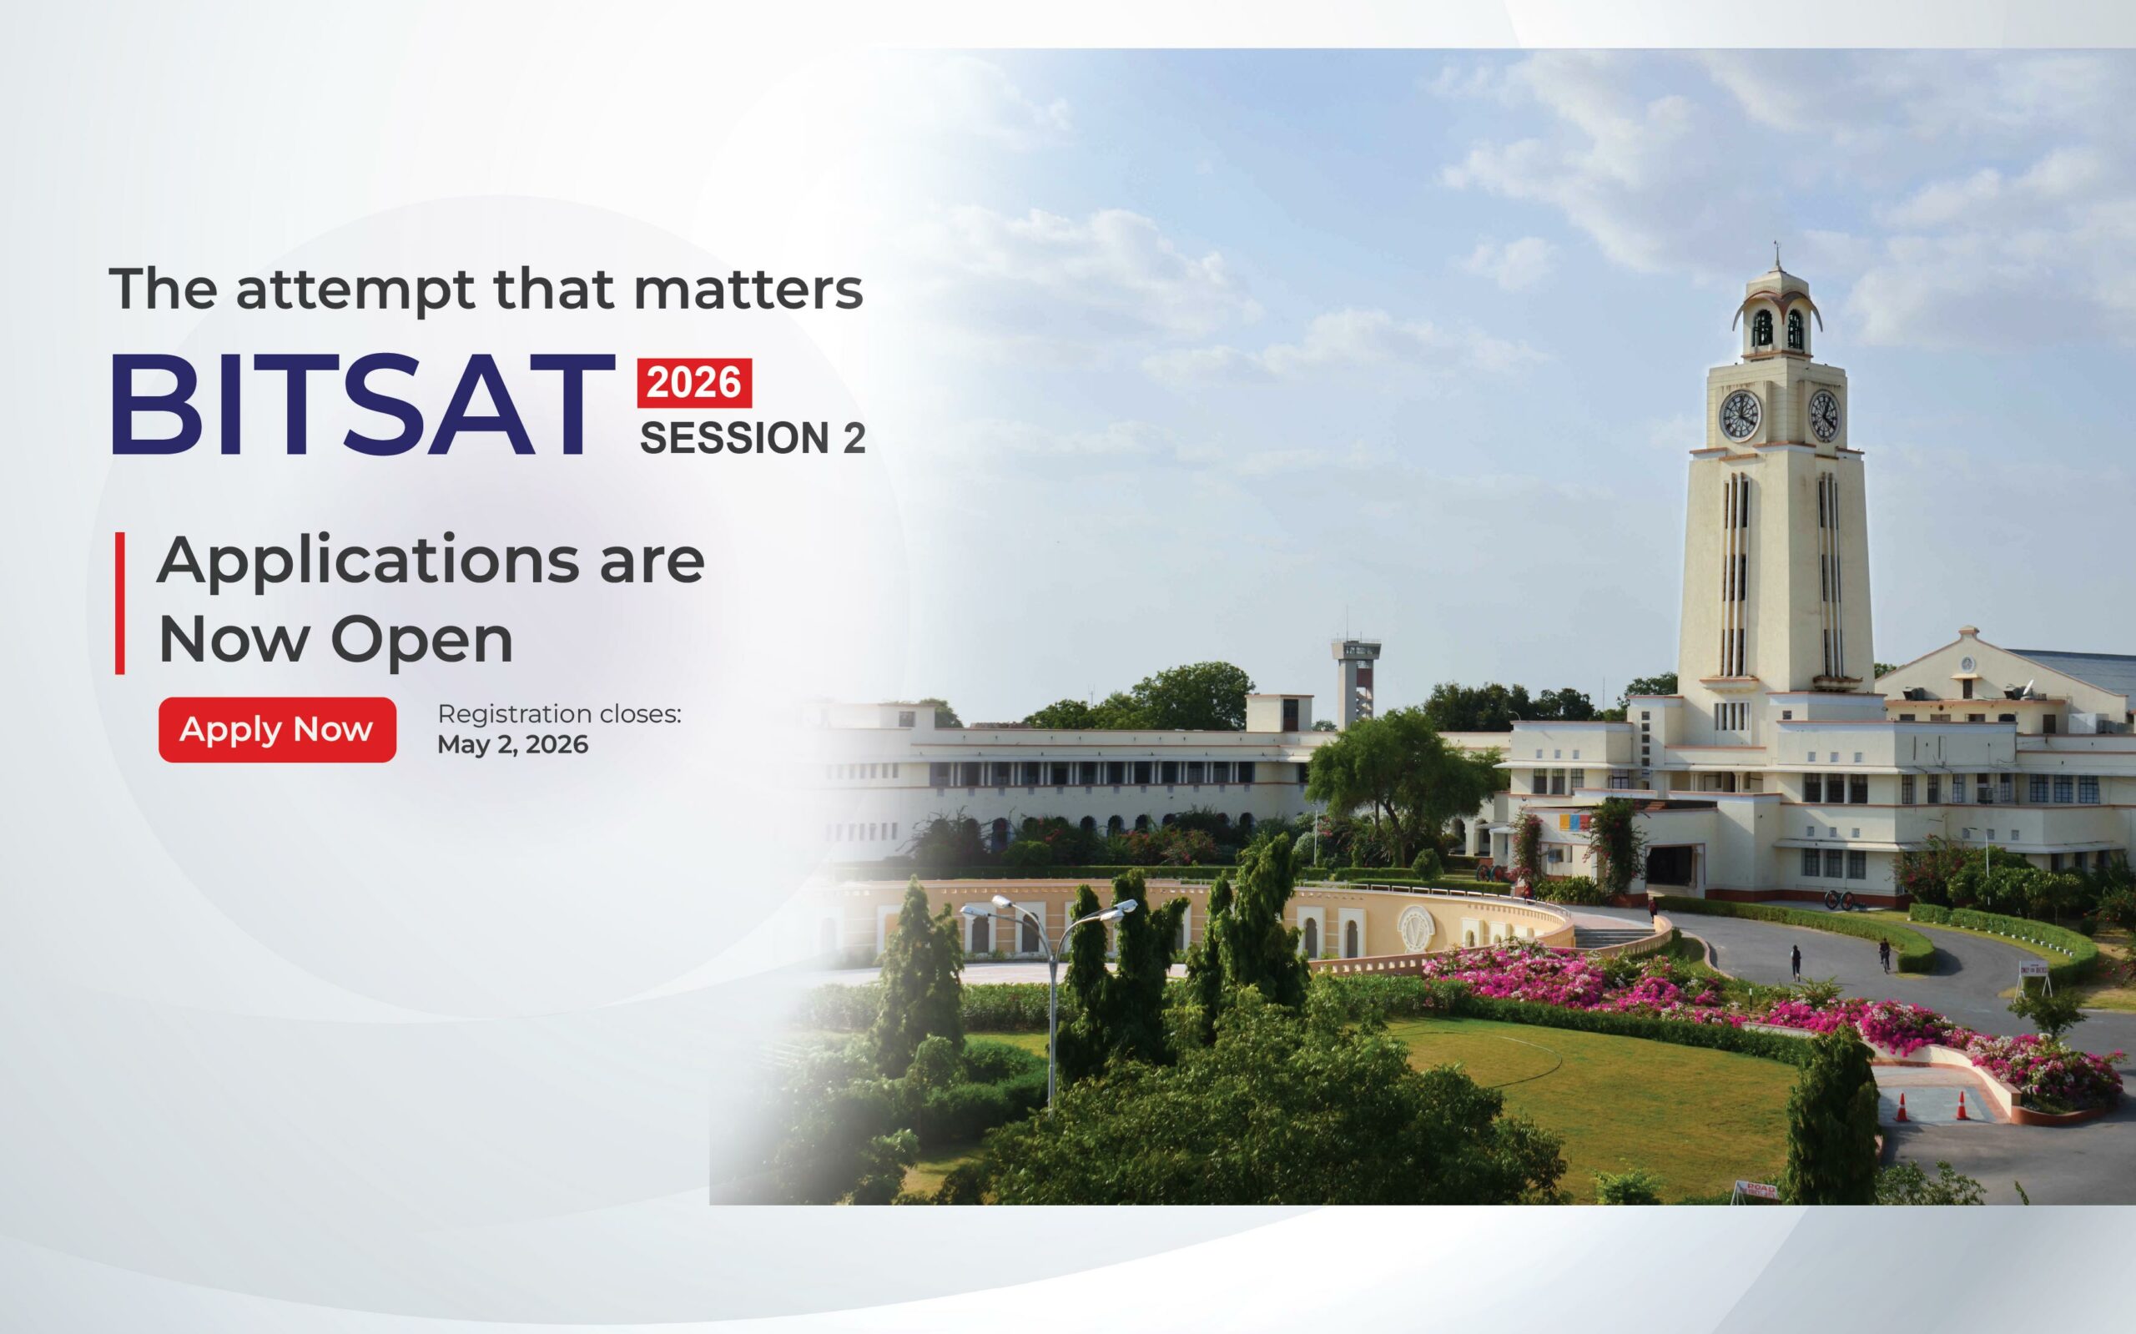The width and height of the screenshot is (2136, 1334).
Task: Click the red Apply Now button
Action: pyautogui.click(x=277, y=730)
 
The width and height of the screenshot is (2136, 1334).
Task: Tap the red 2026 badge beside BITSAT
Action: pyautogui.click(x=694, y=383)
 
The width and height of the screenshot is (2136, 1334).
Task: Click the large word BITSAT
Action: pyautogui.click(x=362, y=405)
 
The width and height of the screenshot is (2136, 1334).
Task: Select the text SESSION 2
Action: pyautogui.click(x=753, y=439)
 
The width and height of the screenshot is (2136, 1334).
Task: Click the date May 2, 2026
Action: pyautogui.click(x=512, y=746)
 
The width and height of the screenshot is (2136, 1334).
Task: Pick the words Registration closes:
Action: pyautogui.click(x=559, y=714)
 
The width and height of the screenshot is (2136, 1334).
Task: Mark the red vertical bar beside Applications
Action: pyautogui.click(x=120, y=603)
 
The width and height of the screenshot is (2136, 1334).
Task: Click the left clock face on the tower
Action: pyautogui.click(x=1741, y=415)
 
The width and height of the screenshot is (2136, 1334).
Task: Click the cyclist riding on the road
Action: pyautogui.click(x=1885, y=954)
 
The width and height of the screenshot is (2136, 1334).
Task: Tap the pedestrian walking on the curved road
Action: pyautogui.click(x=1796, y=963)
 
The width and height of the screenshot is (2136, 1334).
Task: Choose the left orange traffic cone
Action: pyautogui.click(x=1902, y=1107)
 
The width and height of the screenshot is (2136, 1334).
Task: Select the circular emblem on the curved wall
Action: pyautogui.click(x=1418, y=925)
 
